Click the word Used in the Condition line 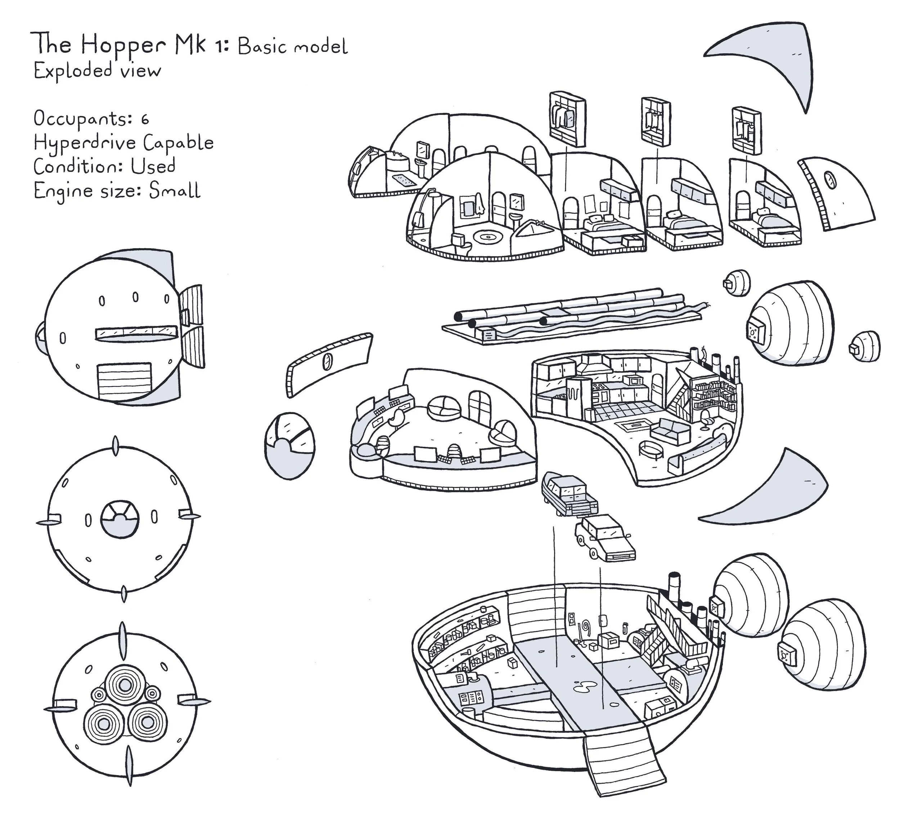[x=153, y=167]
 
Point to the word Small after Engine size [x=174, y=191]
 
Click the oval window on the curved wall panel [x=328, y=361]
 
